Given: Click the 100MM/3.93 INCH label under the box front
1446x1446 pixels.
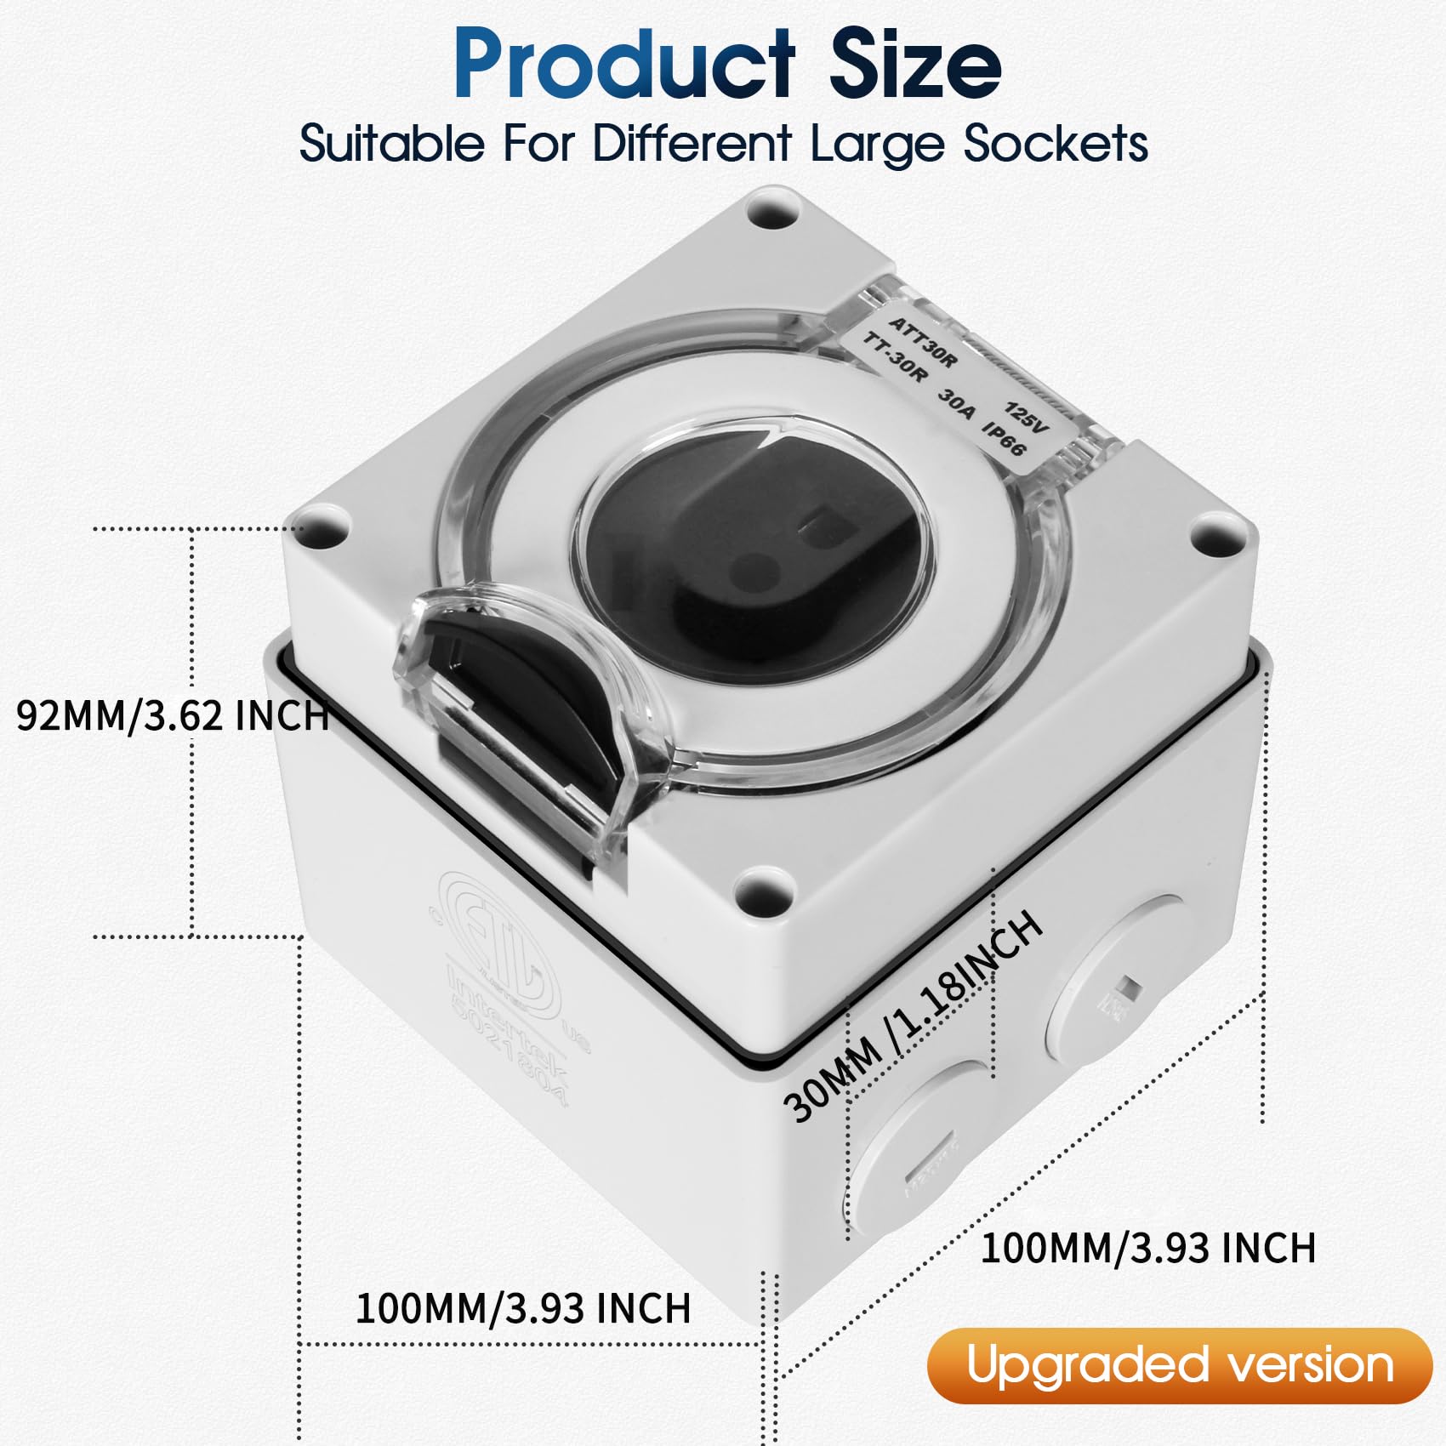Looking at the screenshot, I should point(522,1308).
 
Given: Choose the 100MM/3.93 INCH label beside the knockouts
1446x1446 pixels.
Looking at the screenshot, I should point(1148,1248).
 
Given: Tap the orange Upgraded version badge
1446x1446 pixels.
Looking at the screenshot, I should point(1180,1366).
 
